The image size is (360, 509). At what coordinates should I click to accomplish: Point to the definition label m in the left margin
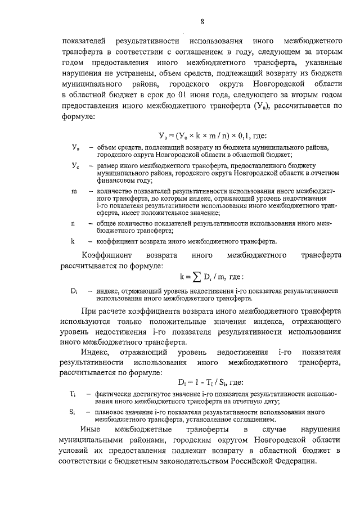74,192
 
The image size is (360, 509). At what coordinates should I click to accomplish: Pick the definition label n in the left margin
73,224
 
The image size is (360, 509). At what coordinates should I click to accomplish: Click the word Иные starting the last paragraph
91,429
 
